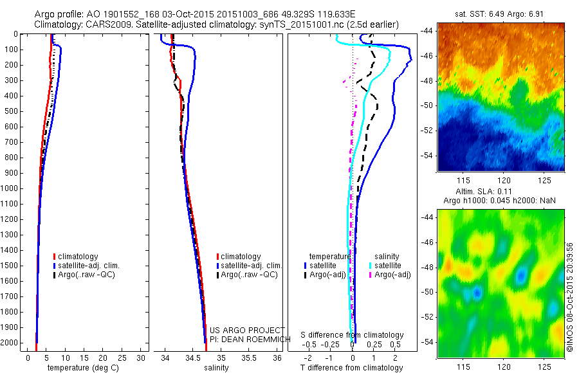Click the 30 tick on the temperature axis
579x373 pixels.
pyautogui.click(x=141, y=358)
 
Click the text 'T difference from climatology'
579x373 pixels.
pyautogui.click(x=352, y=368)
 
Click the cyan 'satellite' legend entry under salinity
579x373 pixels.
pyautogui.click(x=385, y=266)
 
